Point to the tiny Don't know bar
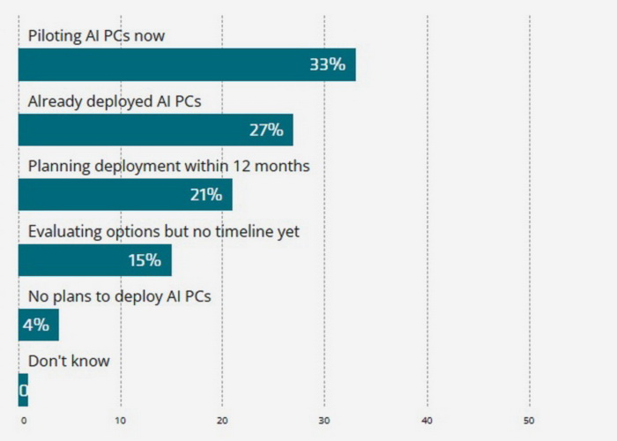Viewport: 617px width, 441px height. tap(23, 390)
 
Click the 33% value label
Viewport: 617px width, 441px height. tap(326, 64)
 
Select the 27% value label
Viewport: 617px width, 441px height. tap(265, 130)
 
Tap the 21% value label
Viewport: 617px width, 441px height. tap(205, 195)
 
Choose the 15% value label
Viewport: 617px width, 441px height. tap(144, 260)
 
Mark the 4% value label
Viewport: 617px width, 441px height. tap(35, 325)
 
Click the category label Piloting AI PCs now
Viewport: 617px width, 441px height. tap(96, 36)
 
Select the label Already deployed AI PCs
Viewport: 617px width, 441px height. tap(115, 101)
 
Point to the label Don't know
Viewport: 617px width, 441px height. tap(69, 361)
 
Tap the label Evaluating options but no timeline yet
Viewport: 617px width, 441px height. tap(164, 231)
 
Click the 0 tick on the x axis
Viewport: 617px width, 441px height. tap(24, 419)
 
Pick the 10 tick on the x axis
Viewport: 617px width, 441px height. tap(121, 419)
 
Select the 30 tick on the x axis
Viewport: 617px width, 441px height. tap(324, 419)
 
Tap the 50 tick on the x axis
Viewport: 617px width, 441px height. tap(529, 419)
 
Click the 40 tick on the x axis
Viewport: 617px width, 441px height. tap(427, 419)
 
